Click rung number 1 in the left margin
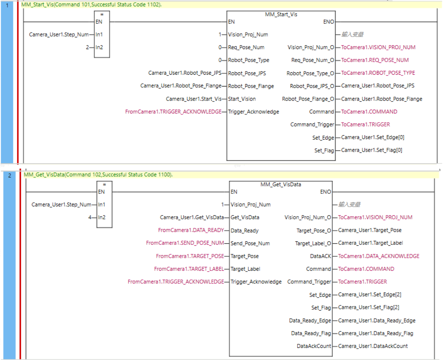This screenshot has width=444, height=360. point(7,5)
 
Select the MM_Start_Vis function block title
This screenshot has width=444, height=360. point(281,14)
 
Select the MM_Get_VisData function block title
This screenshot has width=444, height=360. point(281,184)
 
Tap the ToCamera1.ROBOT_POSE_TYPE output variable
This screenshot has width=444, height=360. point(378,73)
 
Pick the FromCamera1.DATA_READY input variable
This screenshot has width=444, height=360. point(191,230)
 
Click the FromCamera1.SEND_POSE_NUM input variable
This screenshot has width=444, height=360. point(185,243)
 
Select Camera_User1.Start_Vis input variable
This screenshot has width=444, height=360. point(193,99)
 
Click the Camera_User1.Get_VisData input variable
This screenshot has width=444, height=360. point(192,217)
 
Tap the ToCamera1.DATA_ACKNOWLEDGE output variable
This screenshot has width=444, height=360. point(379,256)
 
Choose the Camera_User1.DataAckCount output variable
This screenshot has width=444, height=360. point(373,346)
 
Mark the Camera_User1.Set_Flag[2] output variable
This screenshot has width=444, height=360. point(369,307)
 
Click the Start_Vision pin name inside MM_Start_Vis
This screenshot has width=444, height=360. point(241,99)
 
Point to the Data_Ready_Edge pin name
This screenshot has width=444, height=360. point(310,321)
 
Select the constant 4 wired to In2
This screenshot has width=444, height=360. point(90,217)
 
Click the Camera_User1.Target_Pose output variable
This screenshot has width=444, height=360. point(370,230)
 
